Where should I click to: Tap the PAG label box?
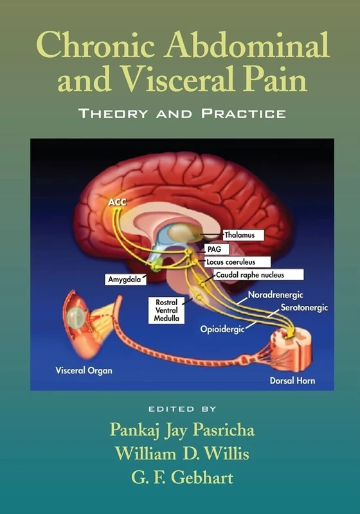pyautogui.click(x=214, y=249)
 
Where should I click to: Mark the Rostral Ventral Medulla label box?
pyautogui.click(x=166, y=310)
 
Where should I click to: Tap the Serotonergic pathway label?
pyautogui.click(x=304, y=308)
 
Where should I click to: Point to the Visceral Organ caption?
pyautogui.click(x=74, y=371)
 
